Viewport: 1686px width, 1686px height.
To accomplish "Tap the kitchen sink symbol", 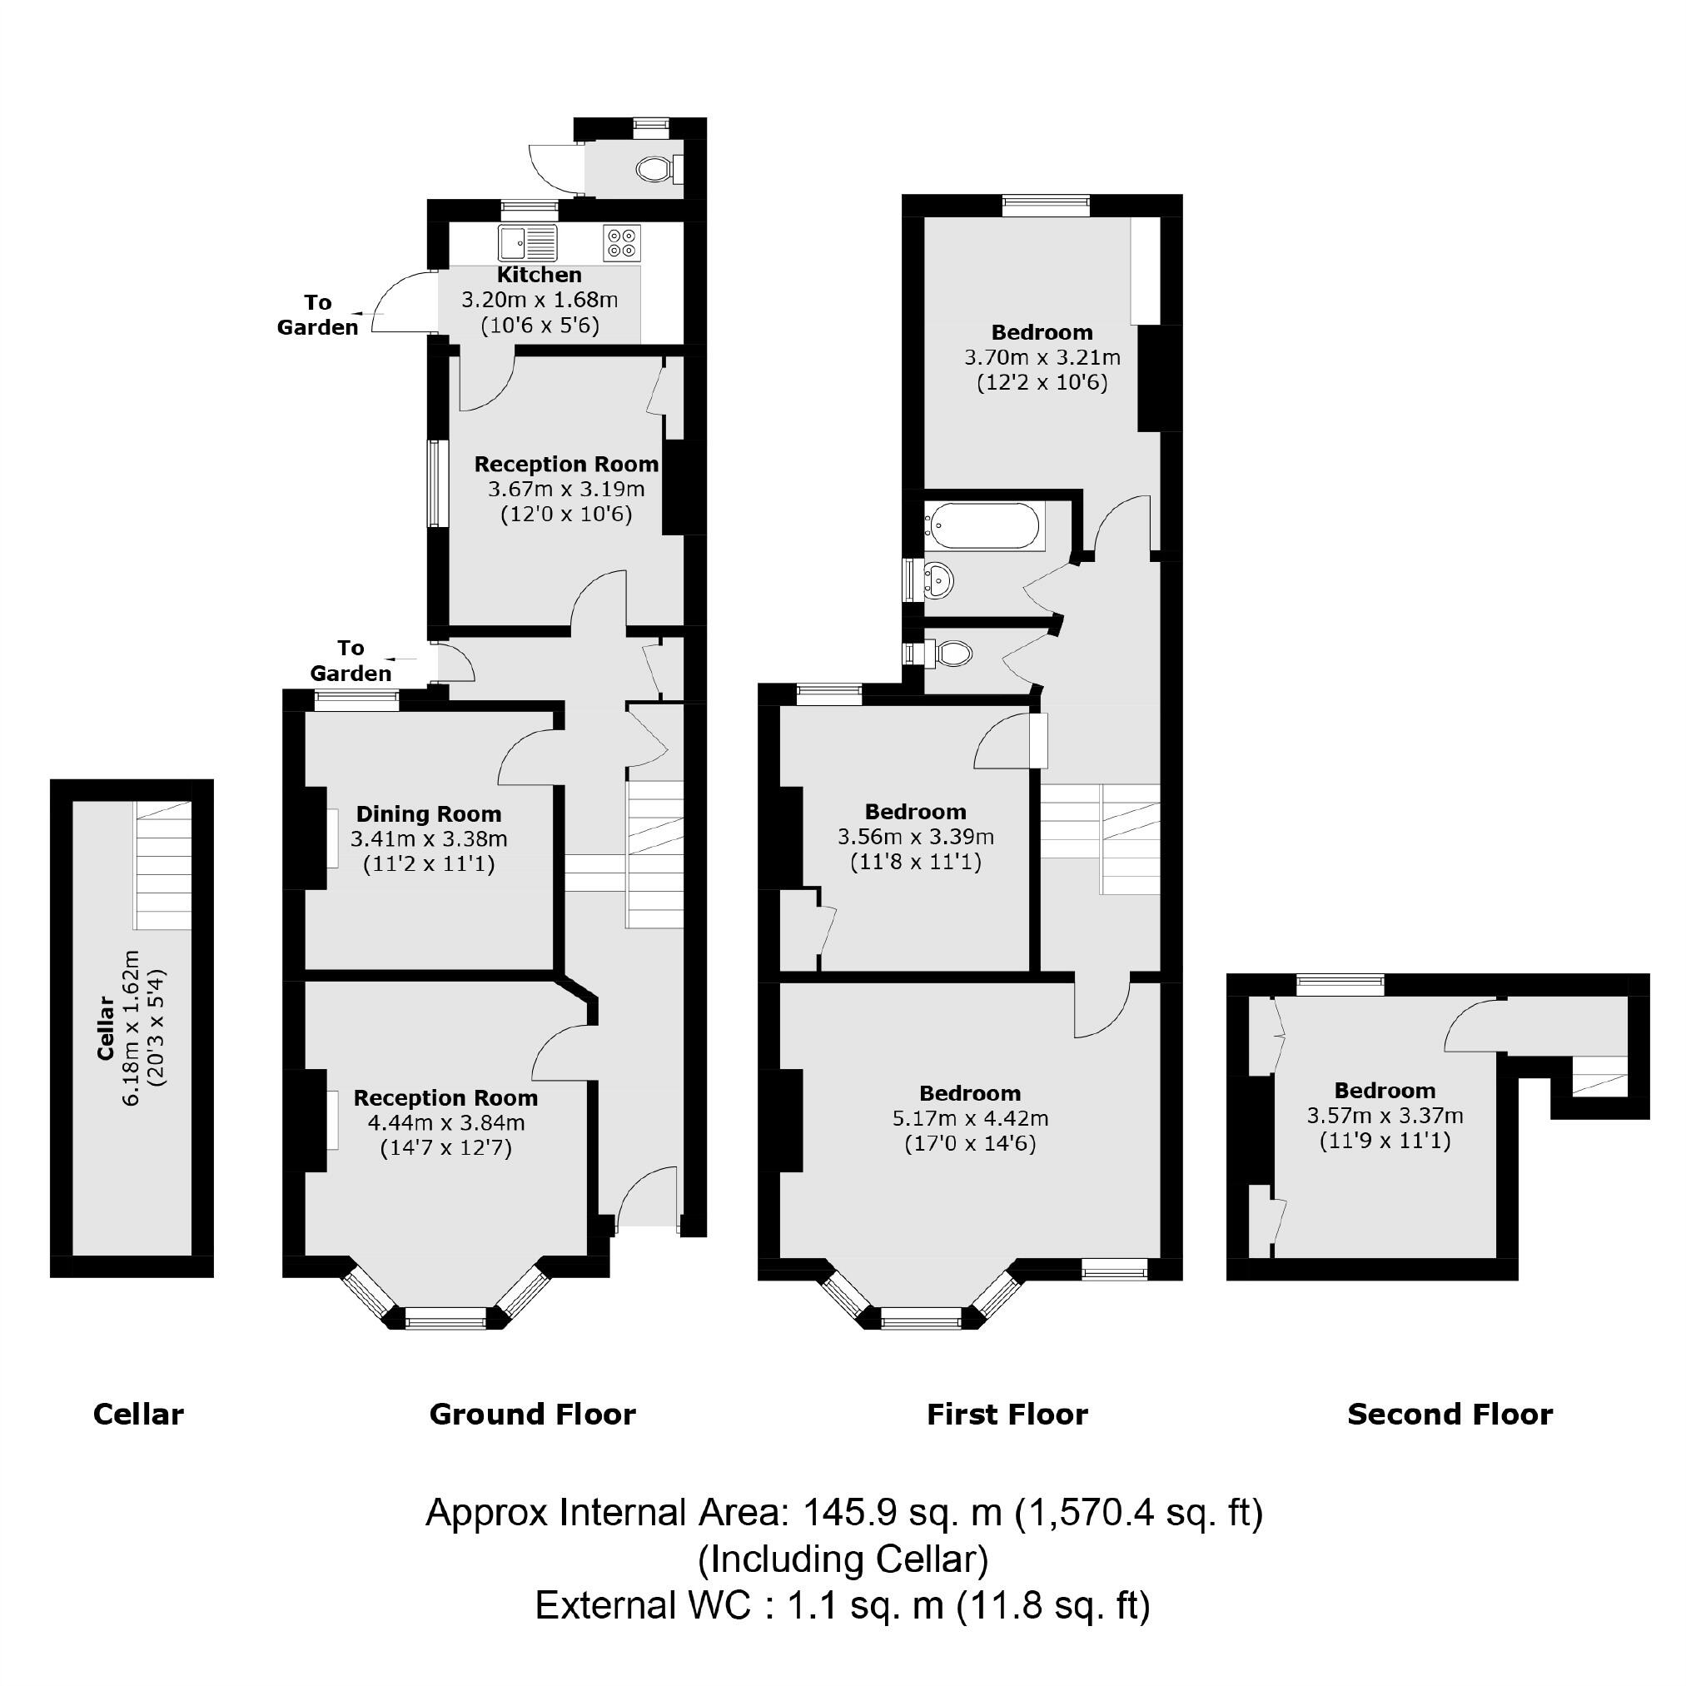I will [527, 241].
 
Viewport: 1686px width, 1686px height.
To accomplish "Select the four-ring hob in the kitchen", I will [622, 241].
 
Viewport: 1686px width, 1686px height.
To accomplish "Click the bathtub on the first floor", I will [984, 526].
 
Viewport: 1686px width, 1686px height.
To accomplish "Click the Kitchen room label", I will [540, 275].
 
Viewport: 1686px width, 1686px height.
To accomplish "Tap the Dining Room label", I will [429, 814].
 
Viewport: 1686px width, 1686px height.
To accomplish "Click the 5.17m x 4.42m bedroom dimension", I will [969, 1118].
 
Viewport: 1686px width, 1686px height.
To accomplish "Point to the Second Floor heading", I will [1450, 1414].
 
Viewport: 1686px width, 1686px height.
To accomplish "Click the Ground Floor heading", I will [532, 1414].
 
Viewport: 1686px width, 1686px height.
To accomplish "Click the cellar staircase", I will [162, 864].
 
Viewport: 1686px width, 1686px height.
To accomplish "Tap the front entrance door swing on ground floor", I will [648, 1197].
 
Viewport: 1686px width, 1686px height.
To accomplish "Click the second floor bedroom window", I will [1340, 985].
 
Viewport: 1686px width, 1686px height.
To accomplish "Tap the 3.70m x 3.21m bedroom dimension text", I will [1042, 358].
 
